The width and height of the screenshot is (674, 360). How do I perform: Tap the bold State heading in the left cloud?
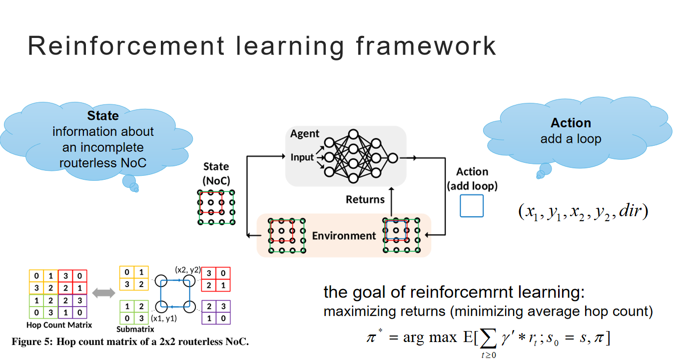(x=103, y=116)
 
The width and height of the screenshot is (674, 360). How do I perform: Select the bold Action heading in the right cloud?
(x=571, y=123)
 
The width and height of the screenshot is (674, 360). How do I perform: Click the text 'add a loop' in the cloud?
(x=571, y=139)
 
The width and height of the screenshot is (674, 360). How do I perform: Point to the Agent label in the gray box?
(x=304, y=134)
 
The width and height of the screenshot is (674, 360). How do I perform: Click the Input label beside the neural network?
(x=302, y=157)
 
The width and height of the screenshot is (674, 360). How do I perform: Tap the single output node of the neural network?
(x=392, y=158)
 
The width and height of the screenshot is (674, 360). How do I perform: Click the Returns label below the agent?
(x=365, y=200)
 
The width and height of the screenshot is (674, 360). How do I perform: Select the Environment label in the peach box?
(x=344, y=236)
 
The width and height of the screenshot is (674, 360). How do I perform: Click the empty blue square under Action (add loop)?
(x=471, y=206)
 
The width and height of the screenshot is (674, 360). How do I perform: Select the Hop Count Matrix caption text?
(x=59, y=325)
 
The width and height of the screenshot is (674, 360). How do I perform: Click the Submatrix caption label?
(x=134, y=330)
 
